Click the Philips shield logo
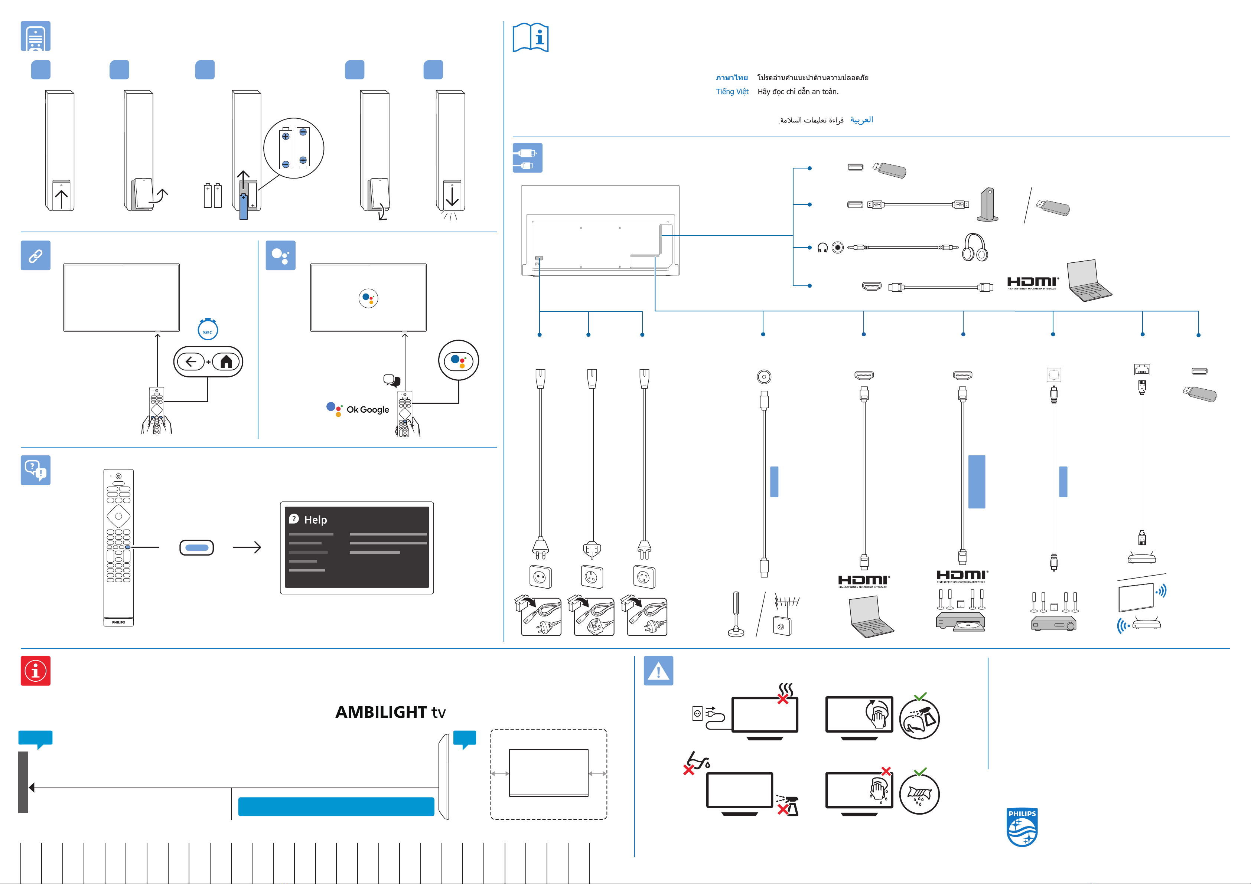point(1022,827)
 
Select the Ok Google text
point(368,410)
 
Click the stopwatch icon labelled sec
point(208,330)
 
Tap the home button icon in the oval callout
point(226,362)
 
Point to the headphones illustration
point(974,248)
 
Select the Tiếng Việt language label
point(732,92)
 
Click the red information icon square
point(35,671)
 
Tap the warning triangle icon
point(658,671)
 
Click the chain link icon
point(35,255)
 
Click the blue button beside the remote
point(197,547)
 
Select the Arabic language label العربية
point(861,119)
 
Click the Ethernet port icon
point(1141,370)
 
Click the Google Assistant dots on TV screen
point(368,298)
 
